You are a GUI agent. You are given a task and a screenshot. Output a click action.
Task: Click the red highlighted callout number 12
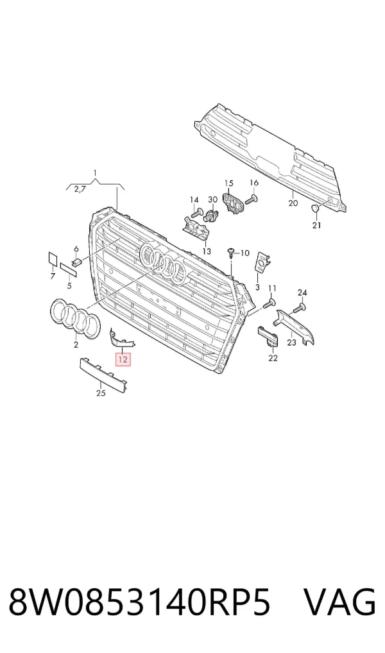coord(123,359)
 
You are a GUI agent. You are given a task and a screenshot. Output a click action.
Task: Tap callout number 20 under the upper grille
coord(293,203)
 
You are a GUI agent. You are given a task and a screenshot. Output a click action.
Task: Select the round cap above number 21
coord(316,208)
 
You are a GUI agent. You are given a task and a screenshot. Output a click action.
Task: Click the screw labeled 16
coord(251,199)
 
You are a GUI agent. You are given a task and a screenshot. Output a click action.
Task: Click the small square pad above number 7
coord(53,259)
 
